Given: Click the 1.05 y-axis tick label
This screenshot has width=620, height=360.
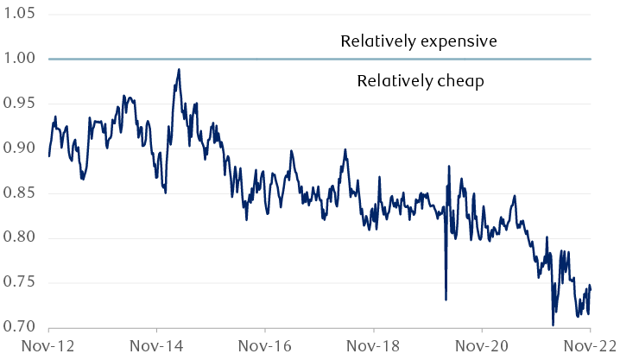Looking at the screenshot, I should pyautogui.click(x=17, y=15).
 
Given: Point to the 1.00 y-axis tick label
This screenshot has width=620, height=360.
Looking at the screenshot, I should pyautogui.click(x=17, y=59).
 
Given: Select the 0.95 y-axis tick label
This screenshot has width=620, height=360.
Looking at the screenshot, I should pyautogui.click(x=17, y=104).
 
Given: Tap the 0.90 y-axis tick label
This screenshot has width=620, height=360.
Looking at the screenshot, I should pyautogui.click(x=17, y=148).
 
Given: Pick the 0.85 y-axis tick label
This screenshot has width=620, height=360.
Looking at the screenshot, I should pyautogui.click(x=17, y=193).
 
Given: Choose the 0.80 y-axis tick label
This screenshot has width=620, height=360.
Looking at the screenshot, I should pyautogui.click(x=17, y=238).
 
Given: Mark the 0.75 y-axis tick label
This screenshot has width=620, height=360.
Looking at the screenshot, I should pyautogui.click(x=17, y=283).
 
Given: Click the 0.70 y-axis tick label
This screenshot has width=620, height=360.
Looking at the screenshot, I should pyautogui.click(x=17, y=328).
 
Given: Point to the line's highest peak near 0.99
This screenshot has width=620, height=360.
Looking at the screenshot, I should pyautogui.click(x=179, y=69).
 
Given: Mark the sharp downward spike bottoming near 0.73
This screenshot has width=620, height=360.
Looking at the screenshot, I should pyautogui.click(x=446, y=299).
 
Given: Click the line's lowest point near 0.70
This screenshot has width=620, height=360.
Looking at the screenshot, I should pyautogui.click(x=553, y=325).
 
